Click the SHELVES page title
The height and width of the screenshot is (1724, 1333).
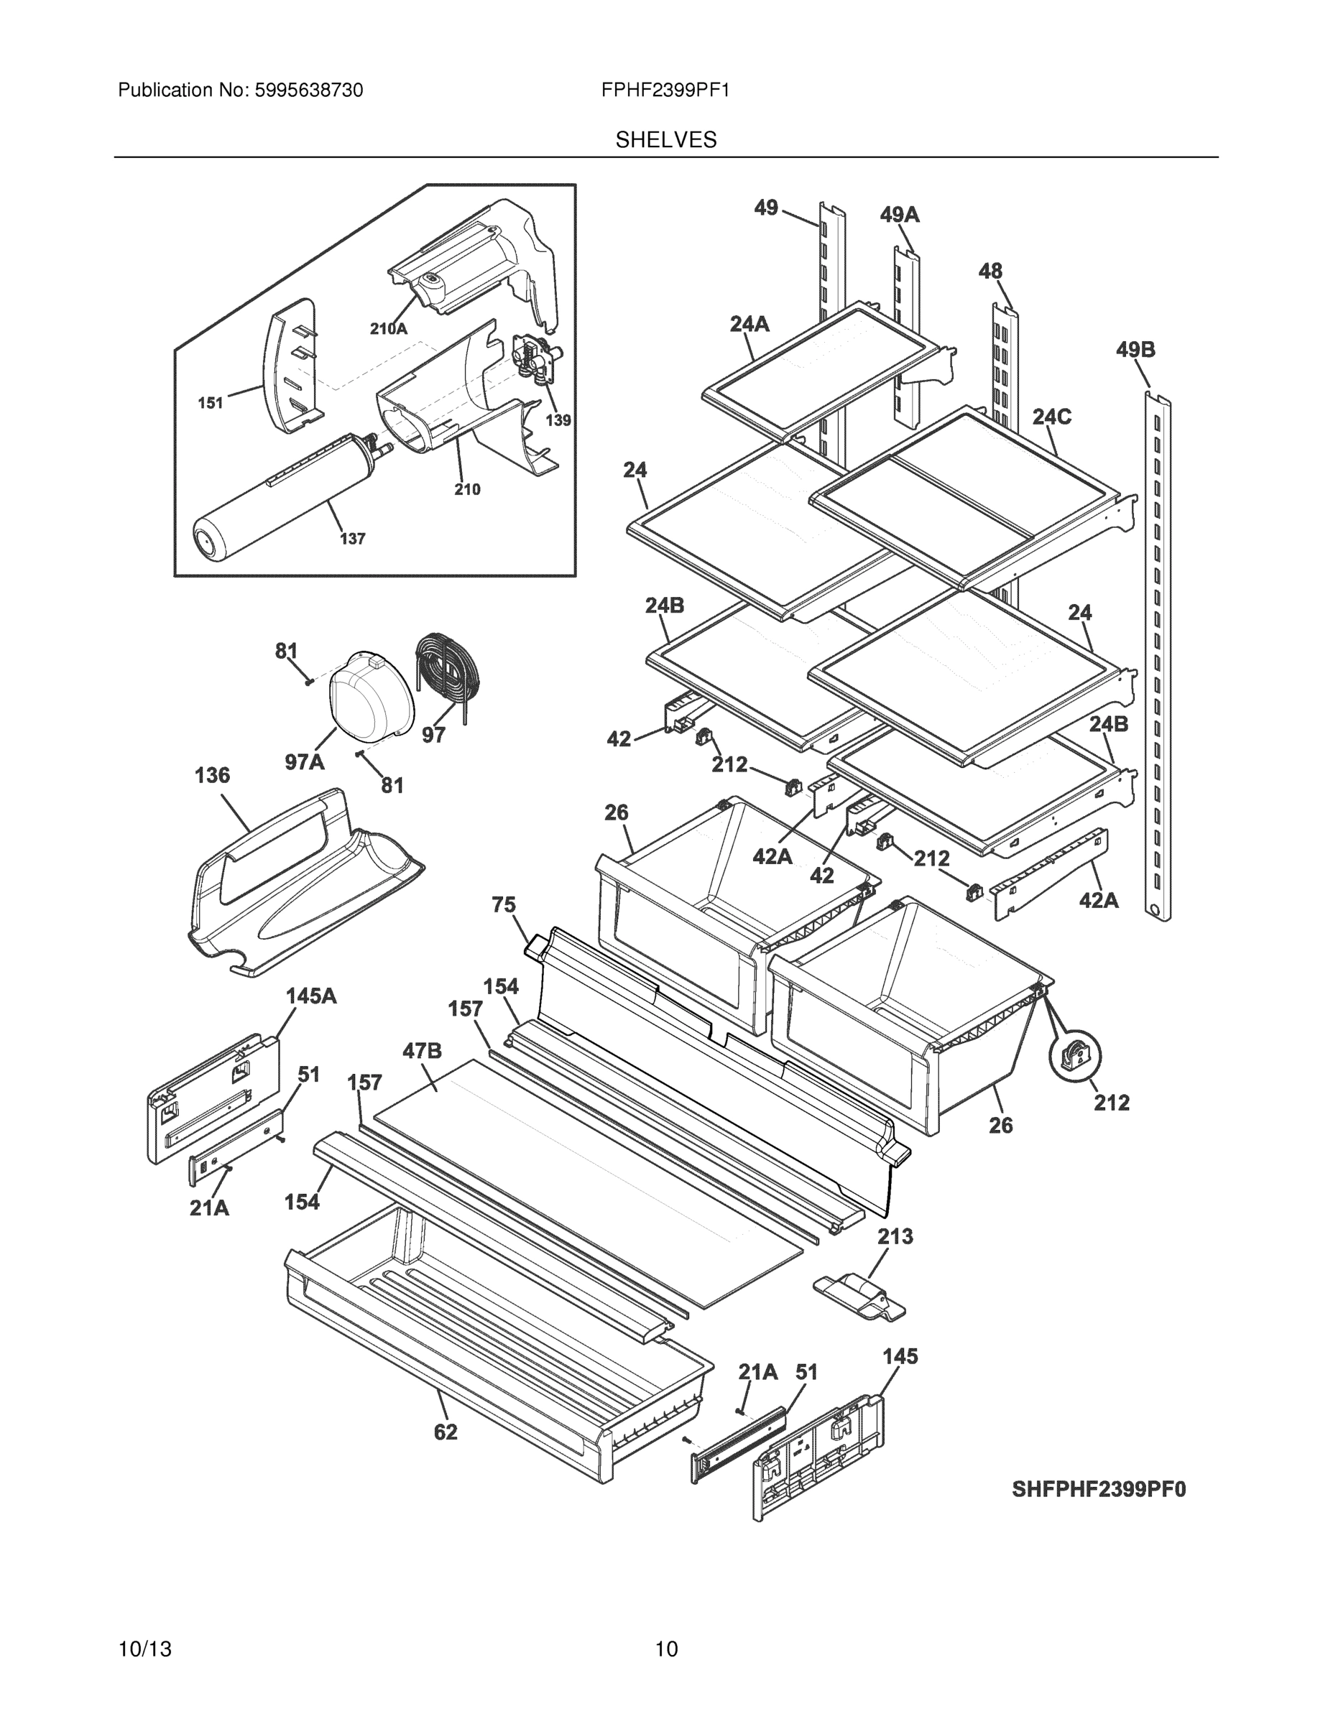(665, 140)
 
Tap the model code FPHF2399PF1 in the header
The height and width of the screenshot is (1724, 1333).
(665, 91)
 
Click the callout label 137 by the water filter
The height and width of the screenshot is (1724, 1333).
(352, 539)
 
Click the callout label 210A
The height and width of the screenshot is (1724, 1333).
(389, 329)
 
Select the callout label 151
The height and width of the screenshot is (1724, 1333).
(210, 404)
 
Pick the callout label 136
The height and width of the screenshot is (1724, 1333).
(213, 775)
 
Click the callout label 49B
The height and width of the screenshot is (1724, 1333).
(1135, 349)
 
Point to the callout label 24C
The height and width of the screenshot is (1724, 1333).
(1051, 417)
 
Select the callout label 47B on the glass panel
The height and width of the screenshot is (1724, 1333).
(423, 1051)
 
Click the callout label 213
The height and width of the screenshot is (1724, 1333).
(895, 1236)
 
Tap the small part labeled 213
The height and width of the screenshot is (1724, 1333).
(859, 1297)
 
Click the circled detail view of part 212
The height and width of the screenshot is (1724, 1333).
(1075, 1056)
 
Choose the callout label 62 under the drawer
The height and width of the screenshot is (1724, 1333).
(446, 1432)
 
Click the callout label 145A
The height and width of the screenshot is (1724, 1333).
(311, 996)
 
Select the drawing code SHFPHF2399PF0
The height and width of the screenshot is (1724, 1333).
(1099, 1490)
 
